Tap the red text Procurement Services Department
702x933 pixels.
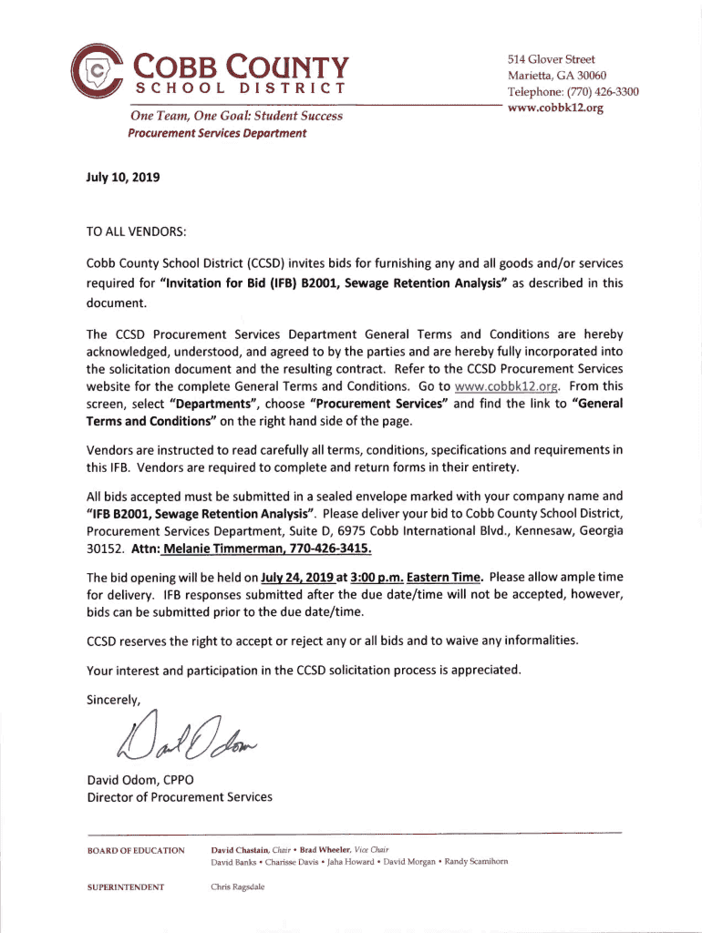point(218,133)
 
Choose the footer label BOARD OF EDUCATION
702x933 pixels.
point(136,850)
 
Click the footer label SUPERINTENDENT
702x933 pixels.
point(126,887)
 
